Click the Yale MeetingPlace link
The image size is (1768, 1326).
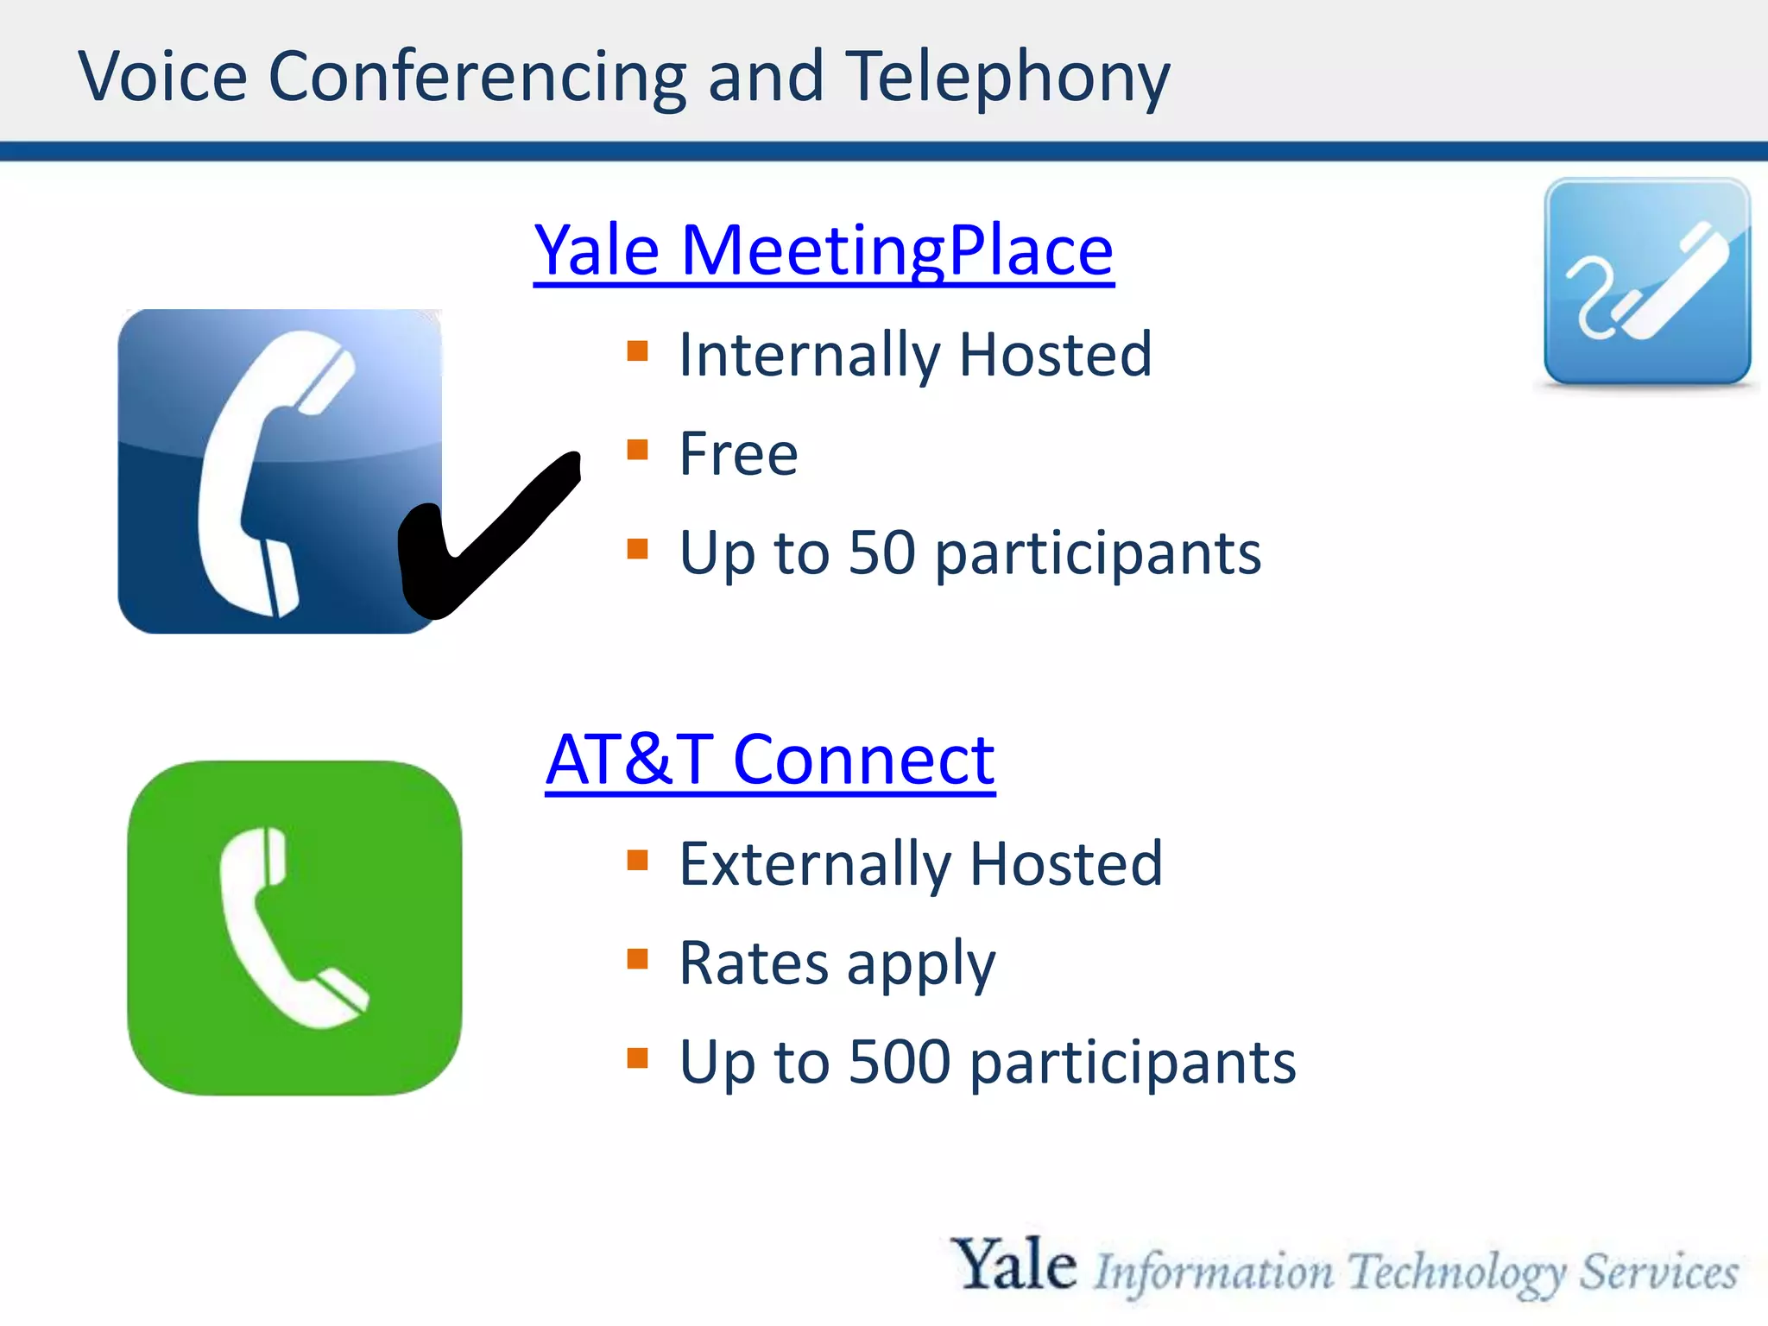[824, 250]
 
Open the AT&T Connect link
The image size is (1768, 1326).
[770, 760]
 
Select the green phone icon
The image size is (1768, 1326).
[294, 928]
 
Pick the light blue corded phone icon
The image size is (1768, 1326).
[1647, 281]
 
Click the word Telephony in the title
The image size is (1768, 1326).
[1007, 78]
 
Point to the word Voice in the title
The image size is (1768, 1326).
[163, 78]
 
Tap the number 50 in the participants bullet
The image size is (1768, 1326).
[881, 552]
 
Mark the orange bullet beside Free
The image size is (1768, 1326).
[637, 450]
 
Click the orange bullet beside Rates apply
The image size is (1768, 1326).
[637, 959]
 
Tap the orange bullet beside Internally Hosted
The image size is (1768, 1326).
[637, 350]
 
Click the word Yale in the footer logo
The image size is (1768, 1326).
[1013, 1265]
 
